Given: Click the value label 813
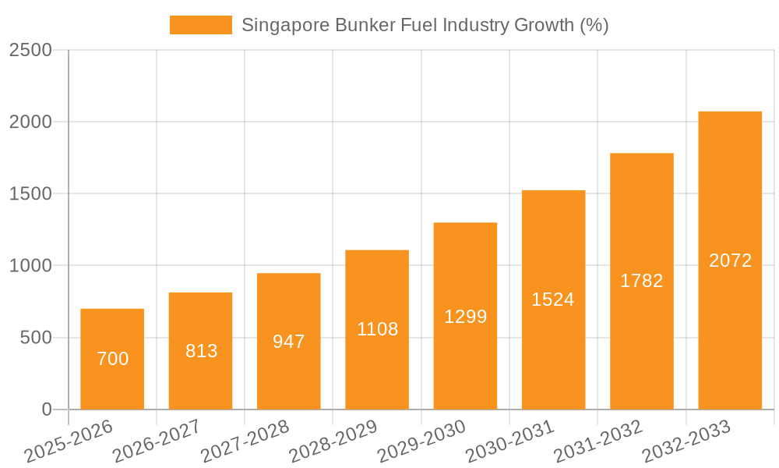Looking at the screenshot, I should tap(201, 351).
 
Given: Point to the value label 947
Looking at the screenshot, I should tap(289, 341).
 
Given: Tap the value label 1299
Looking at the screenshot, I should tap(465, 316).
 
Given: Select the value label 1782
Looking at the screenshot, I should tap(642, 281).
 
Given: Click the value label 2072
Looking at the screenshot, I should tap(730, 261).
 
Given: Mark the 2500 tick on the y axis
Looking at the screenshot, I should tap(31, 50).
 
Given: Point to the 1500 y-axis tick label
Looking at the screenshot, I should tap(31, 193).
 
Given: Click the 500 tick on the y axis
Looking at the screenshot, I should tap(37, 338).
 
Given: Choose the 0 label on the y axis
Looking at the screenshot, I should tap(46, 409).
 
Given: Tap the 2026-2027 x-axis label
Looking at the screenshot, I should tap(157, 441).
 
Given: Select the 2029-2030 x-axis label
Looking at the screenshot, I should tap(421, 441).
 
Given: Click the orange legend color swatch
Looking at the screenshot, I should tap(201, 25).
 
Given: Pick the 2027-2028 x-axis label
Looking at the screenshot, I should tap(245, 441).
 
